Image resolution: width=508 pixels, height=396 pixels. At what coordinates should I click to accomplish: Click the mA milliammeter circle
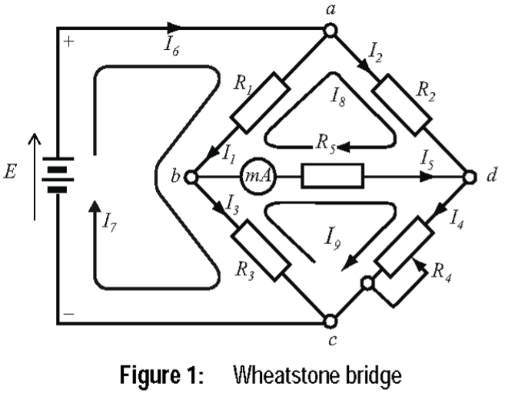[x=255, y=176]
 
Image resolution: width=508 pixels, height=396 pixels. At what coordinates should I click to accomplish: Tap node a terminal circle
[x=330, y=30]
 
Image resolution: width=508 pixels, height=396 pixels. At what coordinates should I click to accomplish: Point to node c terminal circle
[x=330, y=320]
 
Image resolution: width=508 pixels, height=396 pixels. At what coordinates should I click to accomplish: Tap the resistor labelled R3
[x=262, y=251]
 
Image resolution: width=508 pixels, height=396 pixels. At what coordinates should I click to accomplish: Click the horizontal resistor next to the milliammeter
[x=332, y=176]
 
